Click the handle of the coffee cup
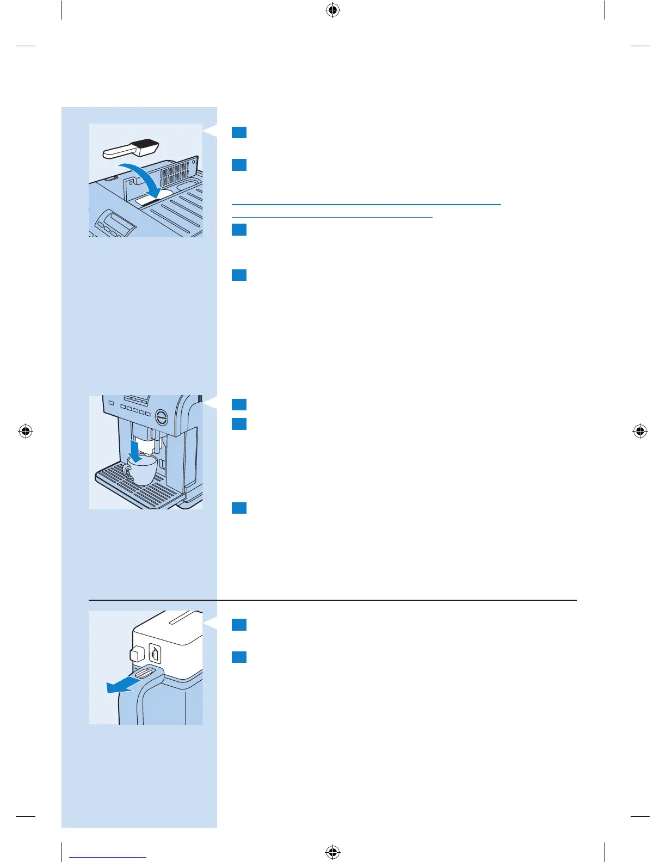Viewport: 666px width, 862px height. click(x=127, y=471)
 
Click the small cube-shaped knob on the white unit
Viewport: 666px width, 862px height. click(x=136, y=652)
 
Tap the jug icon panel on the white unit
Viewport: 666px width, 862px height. click(x=155, y=653)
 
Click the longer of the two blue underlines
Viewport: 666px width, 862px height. click(x=366, y=204)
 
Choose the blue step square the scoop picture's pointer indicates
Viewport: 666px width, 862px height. click(x=239, y=132)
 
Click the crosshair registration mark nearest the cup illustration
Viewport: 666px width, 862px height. click(x=26, y=432)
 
